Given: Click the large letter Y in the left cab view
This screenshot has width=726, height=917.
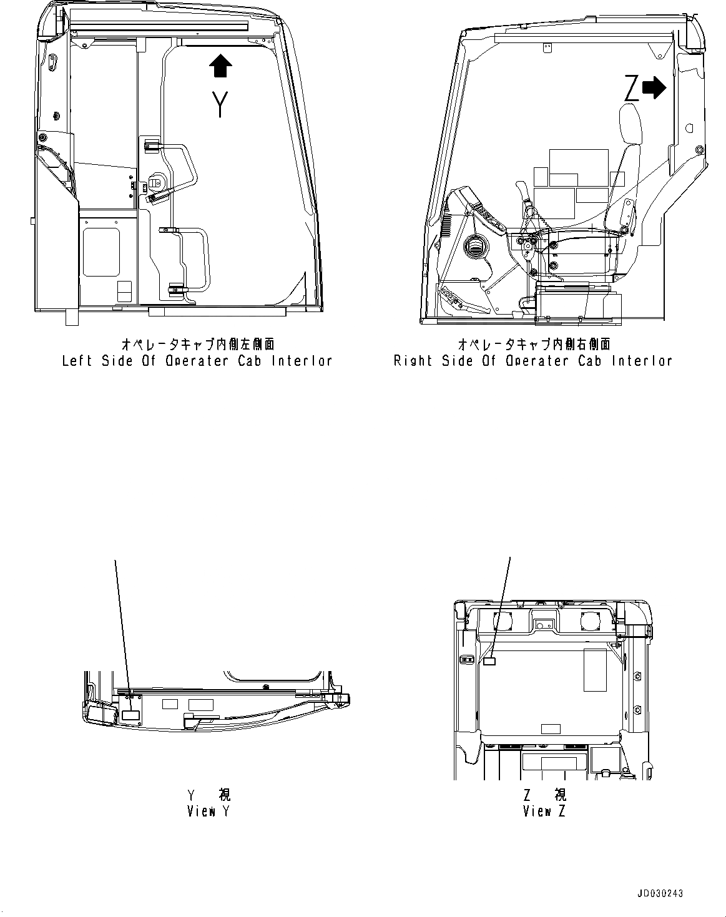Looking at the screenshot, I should pyautogui.click(x=219, y=104).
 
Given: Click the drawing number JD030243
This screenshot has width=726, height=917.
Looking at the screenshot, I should pyautogui.click(x=660, y=894).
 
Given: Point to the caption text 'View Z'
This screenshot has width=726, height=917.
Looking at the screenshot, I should pyautogui.click(x=545, y=812).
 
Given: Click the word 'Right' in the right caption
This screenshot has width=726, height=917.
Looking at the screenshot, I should pyautogui.click(x=413, y=361).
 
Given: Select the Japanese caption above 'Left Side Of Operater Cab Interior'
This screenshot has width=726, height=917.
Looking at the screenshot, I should pyautogui.click(x=197, y=345).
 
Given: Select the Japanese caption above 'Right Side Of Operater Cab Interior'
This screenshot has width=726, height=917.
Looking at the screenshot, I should pyautogui.click(x=534, y=345).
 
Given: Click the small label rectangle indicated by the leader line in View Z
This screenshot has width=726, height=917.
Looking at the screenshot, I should pyautogui.click(x=489, y=661).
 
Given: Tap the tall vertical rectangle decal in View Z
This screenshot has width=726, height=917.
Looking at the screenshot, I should pyautogui.click(x=595, y=670).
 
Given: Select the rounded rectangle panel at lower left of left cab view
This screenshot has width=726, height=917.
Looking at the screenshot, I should pyautogui.click(x=101, y=252).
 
